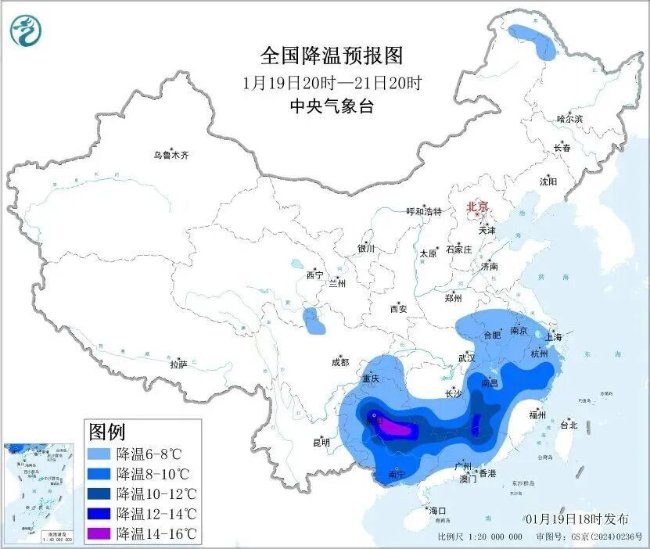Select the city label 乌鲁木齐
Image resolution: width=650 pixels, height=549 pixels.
point(171,156)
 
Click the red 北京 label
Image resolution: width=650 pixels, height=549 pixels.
point(477,206)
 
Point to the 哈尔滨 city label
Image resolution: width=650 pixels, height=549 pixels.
point(569,119)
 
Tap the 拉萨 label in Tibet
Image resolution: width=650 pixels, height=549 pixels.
point(178,364)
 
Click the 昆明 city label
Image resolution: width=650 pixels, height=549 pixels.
point(321,443)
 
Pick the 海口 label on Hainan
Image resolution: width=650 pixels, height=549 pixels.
point(437,510)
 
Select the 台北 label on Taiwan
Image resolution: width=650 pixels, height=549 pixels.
point(568,425)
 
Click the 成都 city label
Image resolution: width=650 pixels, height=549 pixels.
point(339,362)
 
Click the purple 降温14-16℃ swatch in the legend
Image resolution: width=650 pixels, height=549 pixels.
point(100,534)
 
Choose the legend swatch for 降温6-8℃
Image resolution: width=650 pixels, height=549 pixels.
point(100,454)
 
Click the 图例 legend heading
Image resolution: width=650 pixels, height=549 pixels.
point(106,431)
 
